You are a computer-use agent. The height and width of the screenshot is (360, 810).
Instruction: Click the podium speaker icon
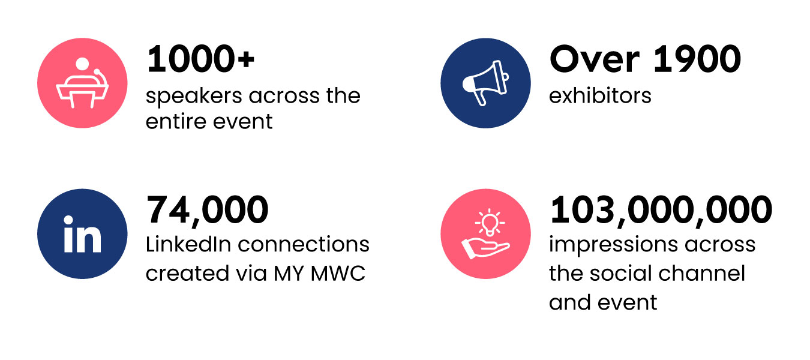click(82, 83)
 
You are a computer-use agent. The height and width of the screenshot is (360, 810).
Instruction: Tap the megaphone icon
click(485, 83)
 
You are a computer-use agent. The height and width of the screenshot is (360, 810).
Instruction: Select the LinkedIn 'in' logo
click(82, 234)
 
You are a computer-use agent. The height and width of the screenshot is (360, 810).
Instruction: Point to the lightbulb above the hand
click(490, 222)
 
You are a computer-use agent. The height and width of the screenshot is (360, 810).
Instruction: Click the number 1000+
click(200, 59)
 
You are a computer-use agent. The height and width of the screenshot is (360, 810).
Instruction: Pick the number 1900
click(697, 59)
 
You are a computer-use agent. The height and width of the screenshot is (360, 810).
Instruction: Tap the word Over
click(595, 59)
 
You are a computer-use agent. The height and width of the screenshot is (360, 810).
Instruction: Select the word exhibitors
click(600, 95)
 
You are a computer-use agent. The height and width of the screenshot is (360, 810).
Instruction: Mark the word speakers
click(194, 97)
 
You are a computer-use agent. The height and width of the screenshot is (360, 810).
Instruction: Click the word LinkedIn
click(188, 244)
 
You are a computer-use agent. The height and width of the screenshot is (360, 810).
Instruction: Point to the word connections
click(304, 244)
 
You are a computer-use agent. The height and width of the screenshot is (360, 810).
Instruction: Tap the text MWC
click(338, 273)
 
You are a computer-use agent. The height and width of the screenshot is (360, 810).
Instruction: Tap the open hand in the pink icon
click(485, 248)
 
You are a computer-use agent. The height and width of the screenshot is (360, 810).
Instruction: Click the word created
click(187, 273)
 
